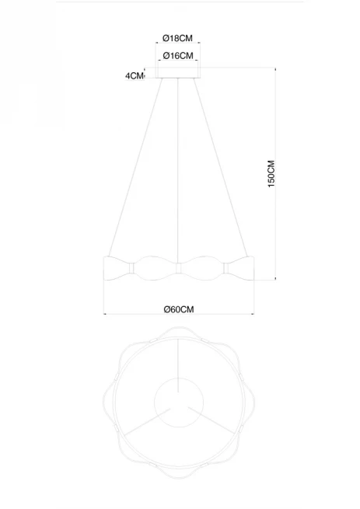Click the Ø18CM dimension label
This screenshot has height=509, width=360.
[x=178, y=38]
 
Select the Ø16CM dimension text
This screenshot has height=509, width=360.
[x=178, y=56]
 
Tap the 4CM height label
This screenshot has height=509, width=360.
[x=135, y=76]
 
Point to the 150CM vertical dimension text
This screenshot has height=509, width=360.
[x=271, y=173]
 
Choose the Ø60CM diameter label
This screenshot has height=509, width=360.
[x=179, y=309]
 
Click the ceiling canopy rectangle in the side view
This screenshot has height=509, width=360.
[x=178, y=73]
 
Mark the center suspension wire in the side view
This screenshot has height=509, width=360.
[x=178, y=170]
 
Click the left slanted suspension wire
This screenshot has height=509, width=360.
[x=135, y=168]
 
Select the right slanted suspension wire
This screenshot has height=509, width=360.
[x=221, y=168]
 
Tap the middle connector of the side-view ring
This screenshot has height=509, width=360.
[x=178, y=268]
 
